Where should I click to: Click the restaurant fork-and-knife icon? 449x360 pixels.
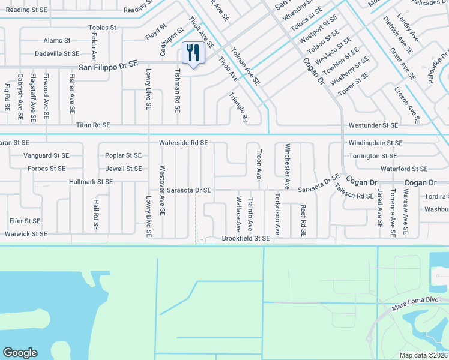pyautogui.click(x=193, y=52)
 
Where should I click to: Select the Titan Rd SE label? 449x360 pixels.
pyautogui.click(x=93, y=125)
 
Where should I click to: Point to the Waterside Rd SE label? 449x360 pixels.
pyautogui.click(x=183, y=143)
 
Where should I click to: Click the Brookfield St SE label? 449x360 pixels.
pyautogui.click(x=246, y=238)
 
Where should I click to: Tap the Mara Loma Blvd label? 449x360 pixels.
pyautogui.click(x=415, y=299)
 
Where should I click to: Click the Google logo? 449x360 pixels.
pyautogui.click(x=20, y=353)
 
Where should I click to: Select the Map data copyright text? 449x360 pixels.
pyautogui.click(x=423, y=355)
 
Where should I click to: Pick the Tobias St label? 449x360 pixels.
pyautogui.click(x=102, y=28)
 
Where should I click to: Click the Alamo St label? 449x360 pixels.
pyautogui.click(x=57, y=40)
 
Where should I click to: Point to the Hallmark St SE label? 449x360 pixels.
pyautogui.click(x=91, y=181)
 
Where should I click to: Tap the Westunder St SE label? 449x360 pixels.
pyautogui.click(x=373, y=125)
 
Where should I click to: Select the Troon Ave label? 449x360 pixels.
pyautogui.click(x=259, y=164)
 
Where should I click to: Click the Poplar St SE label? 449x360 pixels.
pyautogui.click(x=123, y=155)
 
